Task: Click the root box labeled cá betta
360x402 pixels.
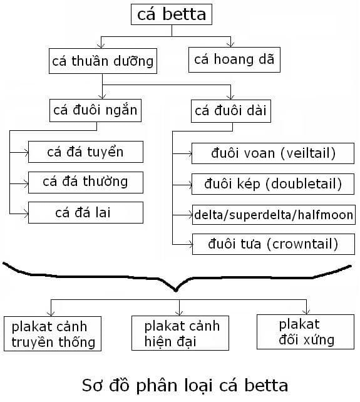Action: pos(172,14)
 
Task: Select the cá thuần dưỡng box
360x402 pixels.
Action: pos(103,61)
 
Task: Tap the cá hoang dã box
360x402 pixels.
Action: pos(234,59)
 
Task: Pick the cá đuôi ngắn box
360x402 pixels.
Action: pos(95,110)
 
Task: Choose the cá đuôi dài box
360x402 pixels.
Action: pos(231,111)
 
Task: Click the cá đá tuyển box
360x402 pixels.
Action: pos(85,152)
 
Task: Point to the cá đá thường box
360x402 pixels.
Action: pos(85,182)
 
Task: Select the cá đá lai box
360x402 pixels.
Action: pos(85,212)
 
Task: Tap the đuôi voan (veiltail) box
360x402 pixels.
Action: pos(273,153)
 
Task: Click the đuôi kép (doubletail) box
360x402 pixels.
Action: pos(273,184)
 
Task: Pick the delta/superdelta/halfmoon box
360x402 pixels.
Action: pos(274,215)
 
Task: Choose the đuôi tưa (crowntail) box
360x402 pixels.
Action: pos(274,244)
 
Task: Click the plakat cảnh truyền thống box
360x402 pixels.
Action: pos(53,334)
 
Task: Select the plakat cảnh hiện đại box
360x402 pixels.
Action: pos(180,333)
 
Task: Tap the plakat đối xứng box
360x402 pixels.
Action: pos(306,332)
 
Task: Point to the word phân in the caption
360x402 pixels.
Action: pos(157,386)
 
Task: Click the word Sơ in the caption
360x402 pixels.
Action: pos(93,385)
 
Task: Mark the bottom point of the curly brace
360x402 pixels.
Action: pos(175,291)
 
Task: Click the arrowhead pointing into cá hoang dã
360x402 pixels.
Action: pos(231,44)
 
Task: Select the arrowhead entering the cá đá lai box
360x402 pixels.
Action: pos(26,214)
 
